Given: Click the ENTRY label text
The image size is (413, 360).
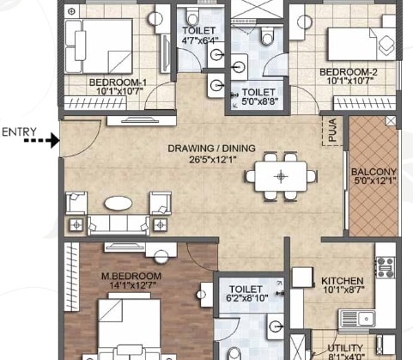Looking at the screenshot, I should pyautogui.click(x=19, y=131).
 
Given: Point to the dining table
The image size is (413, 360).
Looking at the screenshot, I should pyautogui.click(x=280, y=176).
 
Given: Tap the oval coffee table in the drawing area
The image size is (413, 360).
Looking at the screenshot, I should pyautogui.click(x=118, y=204).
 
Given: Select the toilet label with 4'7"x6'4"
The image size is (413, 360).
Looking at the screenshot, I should pyautogui.click(x=198, y=30).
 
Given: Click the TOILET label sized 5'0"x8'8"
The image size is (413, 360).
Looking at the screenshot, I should pyautogui.click(x=258, y=92).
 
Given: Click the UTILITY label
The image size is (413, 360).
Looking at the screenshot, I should pyautogui.click(x=345, y=348).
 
